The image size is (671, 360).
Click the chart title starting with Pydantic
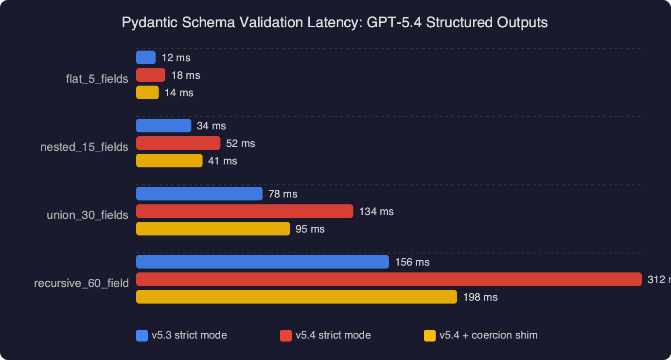click(x=335, y=22)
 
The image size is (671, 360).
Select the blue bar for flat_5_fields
click(x=146, y=58)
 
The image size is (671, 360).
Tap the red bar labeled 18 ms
click(x=151, y=75)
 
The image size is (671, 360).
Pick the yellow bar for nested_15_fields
click(x=169, y=161)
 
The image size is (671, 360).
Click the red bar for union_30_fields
click(x=245, y=211)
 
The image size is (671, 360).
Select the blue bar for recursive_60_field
click(x=263, y=262)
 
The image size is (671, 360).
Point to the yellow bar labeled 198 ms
click(x=297, y=297)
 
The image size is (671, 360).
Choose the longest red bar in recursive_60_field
click(x=389, y=279)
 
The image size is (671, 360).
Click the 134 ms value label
click(x=376, y=212)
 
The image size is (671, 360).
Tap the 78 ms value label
click(x=283, y=194)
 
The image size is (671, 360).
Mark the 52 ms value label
click(x=240, y=144)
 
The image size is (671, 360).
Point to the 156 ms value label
click(x=412, y=262)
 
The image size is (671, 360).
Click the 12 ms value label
click(x=176, y=58)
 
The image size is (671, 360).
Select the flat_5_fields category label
click(x=97, y=79)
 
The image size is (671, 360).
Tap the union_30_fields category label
click(x=88, y=215)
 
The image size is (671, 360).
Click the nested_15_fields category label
click(x=84, y=147)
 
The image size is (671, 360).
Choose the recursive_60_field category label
click(x=81, y=283)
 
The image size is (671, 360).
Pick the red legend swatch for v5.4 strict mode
click(x=286, y=336)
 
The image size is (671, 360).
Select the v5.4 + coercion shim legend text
click(x=488, y=335)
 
